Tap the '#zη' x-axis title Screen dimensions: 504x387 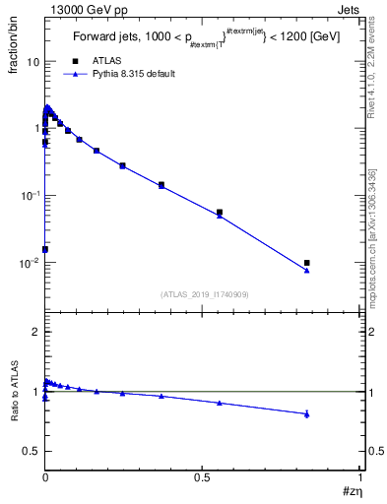(x=352, y=489)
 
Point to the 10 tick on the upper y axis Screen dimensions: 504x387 (x=32, y=61)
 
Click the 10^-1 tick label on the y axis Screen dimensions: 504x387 (x=30, y=196)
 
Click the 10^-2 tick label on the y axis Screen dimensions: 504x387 (x=30, y=263)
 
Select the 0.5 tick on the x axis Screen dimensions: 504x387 (x=202, y=474)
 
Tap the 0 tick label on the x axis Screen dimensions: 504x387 (x=45, y=474)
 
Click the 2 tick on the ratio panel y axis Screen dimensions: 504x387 (x=34, y=332)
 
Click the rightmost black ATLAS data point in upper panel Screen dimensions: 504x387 (x=307, y=263)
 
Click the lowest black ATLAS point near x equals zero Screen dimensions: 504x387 (x=45, y=249)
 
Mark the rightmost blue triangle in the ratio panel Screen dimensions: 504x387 (x=307, y=414)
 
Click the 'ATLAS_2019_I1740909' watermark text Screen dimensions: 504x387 (x=203, y=294)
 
